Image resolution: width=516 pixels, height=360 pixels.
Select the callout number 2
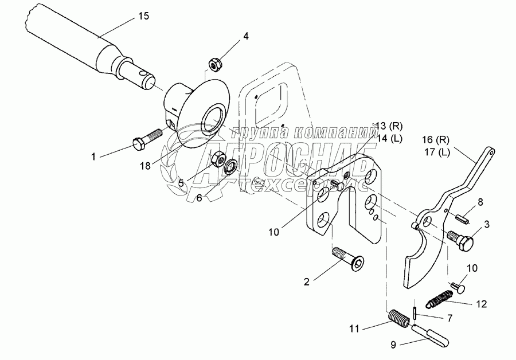click(307, 281)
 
